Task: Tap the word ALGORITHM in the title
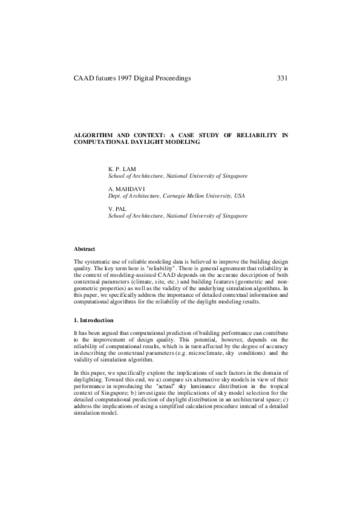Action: point(92,136)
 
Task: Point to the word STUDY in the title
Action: point(192,136)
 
